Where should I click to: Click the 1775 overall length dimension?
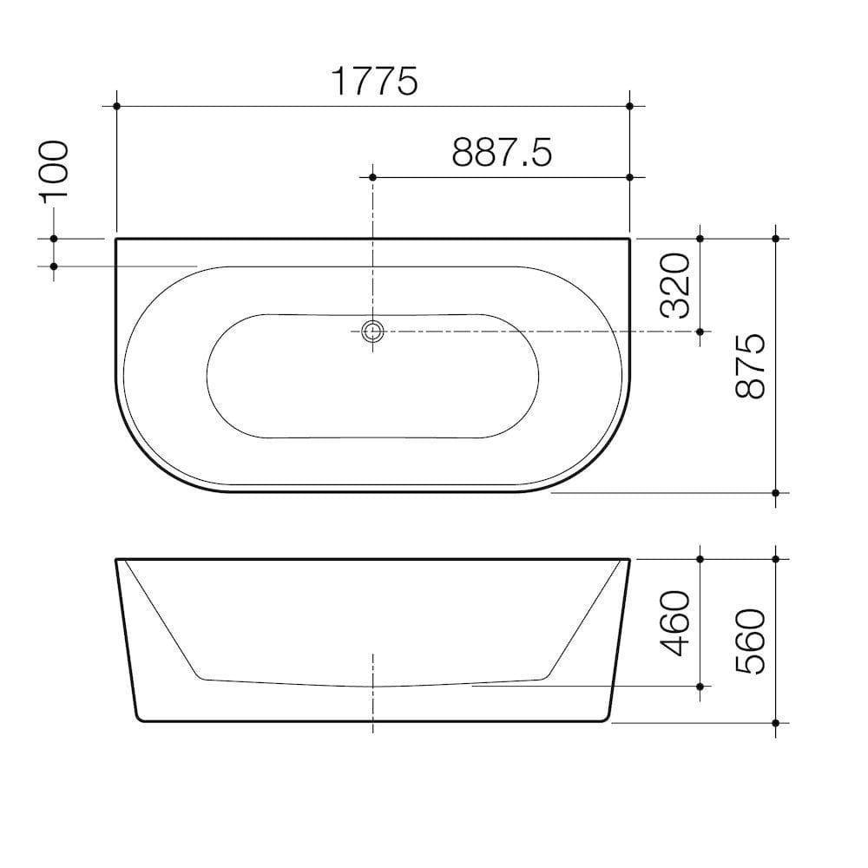tap(374, 82)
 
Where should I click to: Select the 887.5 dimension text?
tap(502, 153)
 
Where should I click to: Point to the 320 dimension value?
tap(675, 285)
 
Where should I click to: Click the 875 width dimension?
tap(751, 365)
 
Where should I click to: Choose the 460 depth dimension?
tap(675, 622)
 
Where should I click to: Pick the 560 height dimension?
tap(751, 641)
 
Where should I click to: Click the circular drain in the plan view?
tap(373, 331)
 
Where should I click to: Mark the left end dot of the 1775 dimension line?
tap(115, 106)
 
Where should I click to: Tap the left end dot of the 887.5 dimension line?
tap(373, 177)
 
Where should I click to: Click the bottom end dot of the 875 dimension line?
tap(775, 492)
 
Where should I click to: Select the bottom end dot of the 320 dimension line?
tap(700, 331)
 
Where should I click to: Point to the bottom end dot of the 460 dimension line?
tap(700, 686)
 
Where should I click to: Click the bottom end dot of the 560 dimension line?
tap(775, 722)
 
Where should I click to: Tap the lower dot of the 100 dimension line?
tap(54, 266)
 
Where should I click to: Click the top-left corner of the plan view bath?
tap(116, 239)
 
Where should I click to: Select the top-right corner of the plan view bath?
tap(628, 239)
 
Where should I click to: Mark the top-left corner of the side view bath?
tap(117, 560)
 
